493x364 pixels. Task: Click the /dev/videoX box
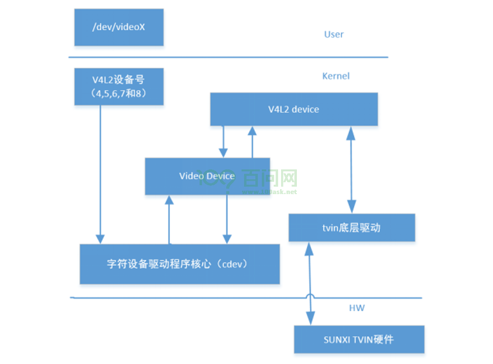point(119,28)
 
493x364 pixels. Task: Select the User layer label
point(333,35)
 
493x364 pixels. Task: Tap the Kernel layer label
point(335,76)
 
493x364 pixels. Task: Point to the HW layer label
point(357,308)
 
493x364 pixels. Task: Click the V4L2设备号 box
point(119,87)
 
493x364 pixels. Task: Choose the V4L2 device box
point(294,109)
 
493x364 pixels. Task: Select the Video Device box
point(207,176)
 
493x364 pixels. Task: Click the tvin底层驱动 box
point(351,228)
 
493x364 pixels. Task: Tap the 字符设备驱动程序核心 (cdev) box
point(179,264)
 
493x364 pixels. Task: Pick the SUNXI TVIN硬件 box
point(359,339)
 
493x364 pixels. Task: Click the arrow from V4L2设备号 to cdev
point(100,173)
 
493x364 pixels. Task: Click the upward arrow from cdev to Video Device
point(169,219)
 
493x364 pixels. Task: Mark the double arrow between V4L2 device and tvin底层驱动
point(351,169)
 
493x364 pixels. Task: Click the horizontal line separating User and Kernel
point(227,57)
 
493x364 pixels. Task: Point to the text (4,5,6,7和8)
point(119,93)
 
